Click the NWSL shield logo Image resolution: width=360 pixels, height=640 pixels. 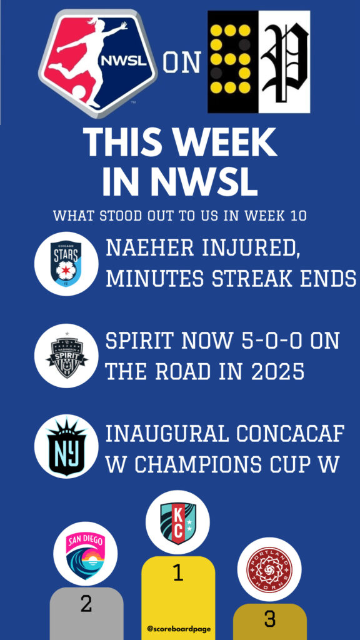click(98, 62)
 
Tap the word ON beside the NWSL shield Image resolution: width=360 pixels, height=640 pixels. click(182, 63)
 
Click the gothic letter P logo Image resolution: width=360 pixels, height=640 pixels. click(284, 62)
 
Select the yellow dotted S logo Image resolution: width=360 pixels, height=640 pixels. click(233, 62)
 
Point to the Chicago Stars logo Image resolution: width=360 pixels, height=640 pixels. click(66, 264)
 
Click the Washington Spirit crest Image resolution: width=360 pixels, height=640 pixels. click(66, 356)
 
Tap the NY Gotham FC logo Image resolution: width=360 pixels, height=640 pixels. click(66, 446)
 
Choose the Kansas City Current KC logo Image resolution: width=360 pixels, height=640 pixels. click(177, 522)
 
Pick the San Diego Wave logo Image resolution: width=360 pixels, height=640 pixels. click(85, 554)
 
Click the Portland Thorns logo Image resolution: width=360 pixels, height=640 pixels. click(269, 569)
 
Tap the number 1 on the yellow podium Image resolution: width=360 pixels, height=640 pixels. click(177, 573)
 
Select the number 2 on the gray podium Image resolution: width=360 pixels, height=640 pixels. click(86, 604)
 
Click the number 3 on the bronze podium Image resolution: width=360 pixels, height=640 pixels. click(270, 619)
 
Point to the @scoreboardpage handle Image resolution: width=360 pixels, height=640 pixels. click(179, 629)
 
